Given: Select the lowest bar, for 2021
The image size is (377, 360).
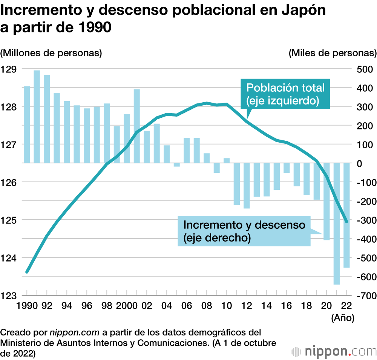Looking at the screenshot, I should click(337, 223).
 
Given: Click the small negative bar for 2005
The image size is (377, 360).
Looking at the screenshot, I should click(177, 165).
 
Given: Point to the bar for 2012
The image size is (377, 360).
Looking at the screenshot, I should click(247, 186).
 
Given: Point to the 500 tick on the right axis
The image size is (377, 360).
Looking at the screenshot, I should click(364, 69).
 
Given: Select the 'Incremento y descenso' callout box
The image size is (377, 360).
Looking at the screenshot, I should click(244, 231).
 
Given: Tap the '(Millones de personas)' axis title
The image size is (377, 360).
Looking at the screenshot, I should click(51, 53).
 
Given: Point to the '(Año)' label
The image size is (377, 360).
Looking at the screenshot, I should click(342, 318).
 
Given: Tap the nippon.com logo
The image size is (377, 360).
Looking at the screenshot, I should click(334, 351).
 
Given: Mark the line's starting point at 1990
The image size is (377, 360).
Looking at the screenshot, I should click(27, 272).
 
